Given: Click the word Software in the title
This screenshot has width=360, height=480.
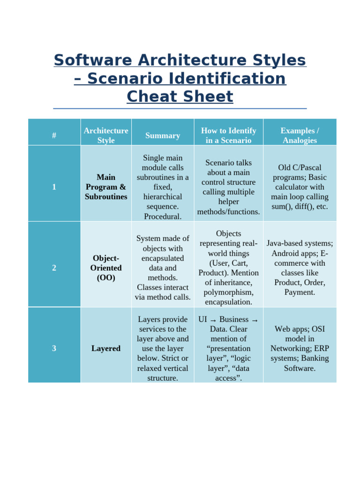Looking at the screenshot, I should click(90, 60).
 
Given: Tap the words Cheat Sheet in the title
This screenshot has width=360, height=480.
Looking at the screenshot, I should click(180, 97).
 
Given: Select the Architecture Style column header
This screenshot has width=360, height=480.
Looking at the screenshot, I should click(106, 135).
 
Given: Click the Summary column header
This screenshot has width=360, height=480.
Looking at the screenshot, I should click(163, 135).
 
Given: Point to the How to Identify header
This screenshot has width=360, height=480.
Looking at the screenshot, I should click(228, 135).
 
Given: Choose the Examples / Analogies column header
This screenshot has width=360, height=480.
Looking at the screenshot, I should click(300, 135).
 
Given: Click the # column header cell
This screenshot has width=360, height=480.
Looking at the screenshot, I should click(54, 135).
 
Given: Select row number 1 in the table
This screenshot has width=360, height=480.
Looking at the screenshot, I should click(54, 187).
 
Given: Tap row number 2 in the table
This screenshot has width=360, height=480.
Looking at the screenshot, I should click(54, 268).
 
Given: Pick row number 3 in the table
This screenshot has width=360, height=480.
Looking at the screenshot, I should click(54, 348).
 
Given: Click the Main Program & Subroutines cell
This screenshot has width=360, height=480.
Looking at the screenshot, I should click(106, 187).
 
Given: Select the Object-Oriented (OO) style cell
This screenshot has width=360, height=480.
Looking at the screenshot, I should click(106, 268).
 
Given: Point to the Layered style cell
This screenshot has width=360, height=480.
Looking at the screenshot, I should click(106, 348).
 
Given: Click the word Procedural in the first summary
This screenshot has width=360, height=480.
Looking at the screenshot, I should click(162, 217).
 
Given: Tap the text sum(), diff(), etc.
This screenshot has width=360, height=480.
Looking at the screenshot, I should click(300, 207).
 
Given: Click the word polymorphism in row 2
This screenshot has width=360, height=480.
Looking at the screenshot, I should click(228, 292).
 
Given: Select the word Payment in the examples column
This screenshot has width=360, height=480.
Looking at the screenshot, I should click(300, 292).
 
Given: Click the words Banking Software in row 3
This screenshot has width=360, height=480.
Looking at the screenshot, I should click(300, 363).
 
